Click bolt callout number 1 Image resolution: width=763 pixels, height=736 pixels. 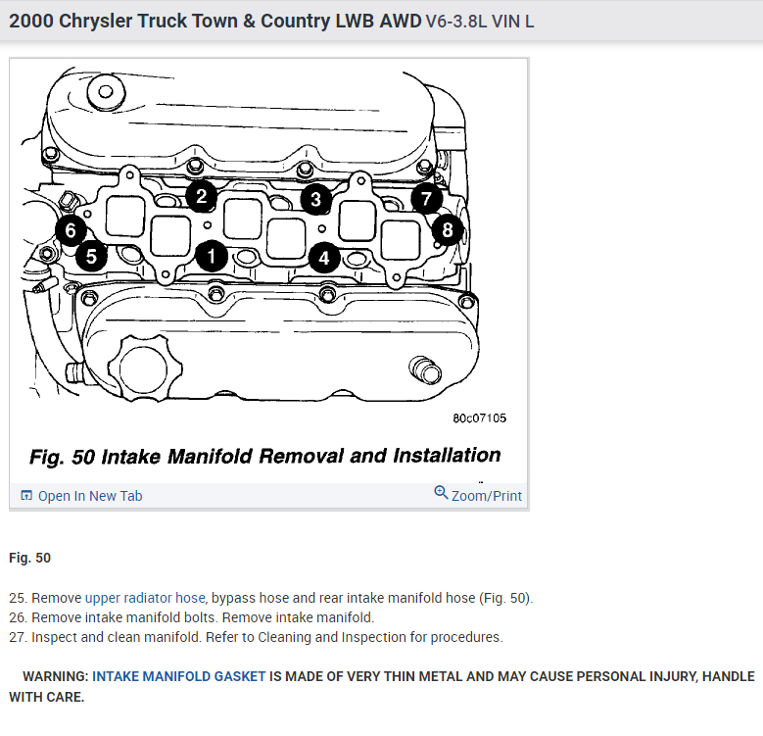[x=211, y=256]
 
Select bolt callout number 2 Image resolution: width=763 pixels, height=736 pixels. [x=200, y=196]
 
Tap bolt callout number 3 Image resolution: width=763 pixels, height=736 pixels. [x=314, y=200]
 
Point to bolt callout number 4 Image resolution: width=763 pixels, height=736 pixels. [x=324, y=258]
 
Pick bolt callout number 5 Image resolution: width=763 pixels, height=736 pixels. [x=90, y=256]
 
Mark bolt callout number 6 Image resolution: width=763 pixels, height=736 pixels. [x=70, y=231]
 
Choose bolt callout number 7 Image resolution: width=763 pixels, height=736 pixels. [x=425, y=199]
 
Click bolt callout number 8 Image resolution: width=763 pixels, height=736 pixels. [x=447, y=230]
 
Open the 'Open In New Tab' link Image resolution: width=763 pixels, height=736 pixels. [x=81, y=496]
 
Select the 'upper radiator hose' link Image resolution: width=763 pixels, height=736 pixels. [x=145, y=598]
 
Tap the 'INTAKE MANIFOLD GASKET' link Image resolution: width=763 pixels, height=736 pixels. [x=179, y=677]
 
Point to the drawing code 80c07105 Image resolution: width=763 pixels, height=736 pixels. [x=479, y=418]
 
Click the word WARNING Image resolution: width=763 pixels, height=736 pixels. [x=56, y=677]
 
